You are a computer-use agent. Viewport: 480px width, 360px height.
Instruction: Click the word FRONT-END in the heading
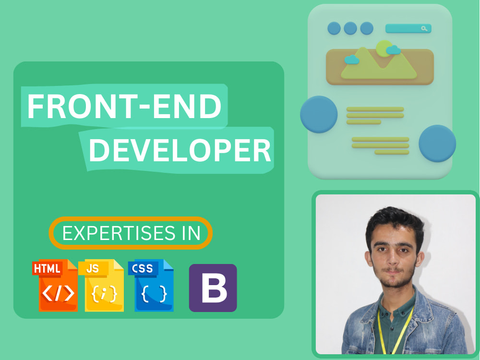(124, 106)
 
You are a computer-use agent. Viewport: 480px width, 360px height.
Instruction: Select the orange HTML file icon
(55, 285)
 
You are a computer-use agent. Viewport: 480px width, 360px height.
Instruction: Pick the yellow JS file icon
(101, 285)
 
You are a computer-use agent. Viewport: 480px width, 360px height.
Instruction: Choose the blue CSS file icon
(151, 285)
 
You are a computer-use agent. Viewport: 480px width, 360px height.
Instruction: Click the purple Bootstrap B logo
(213, 288)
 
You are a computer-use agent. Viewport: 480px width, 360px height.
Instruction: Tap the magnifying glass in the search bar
(424, 28)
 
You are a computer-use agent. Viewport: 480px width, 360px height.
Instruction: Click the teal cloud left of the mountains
(352, 60)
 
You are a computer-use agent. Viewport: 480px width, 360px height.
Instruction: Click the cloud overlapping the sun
(394, 50)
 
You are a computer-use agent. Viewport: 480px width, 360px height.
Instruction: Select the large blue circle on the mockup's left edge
(319, 115)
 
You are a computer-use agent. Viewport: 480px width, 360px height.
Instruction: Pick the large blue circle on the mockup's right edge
(437, 143)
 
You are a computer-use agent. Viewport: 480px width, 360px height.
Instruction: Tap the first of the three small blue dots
(334, 28)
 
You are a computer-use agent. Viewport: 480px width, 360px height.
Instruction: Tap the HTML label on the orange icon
(47, 269)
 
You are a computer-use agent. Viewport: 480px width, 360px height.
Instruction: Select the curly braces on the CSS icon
(154, 294)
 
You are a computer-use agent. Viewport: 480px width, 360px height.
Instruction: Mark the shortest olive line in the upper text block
(364, 122)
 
